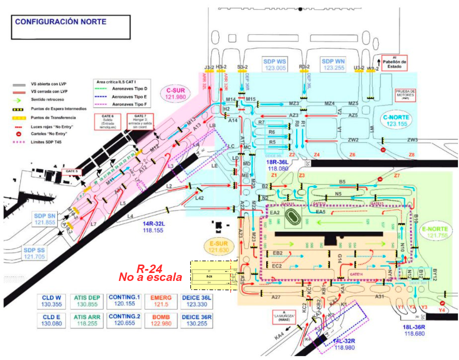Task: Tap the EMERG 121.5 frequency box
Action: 154,301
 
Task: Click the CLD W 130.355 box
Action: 51,301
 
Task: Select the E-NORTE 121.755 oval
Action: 435,232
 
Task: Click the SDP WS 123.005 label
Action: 275,64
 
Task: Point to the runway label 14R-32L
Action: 150,227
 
